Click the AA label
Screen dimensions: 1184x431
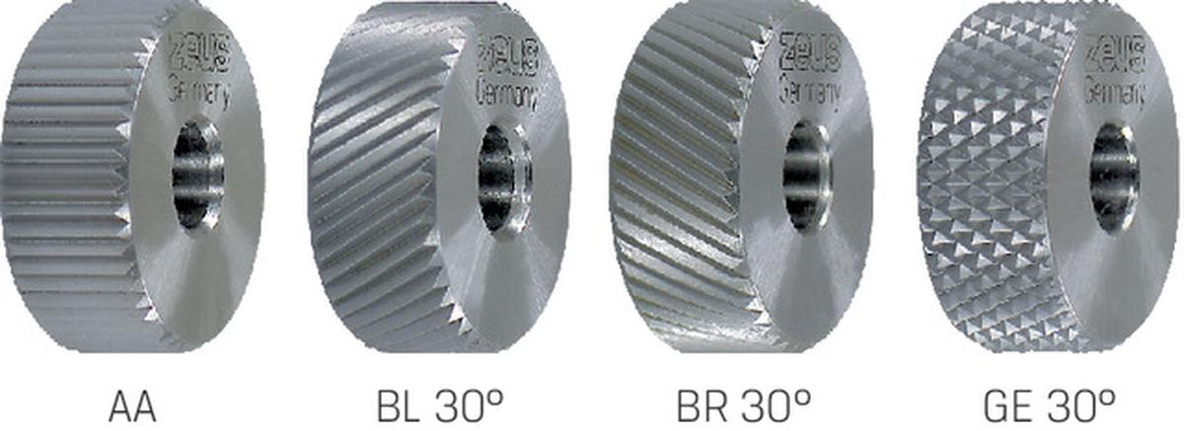pyautogui.click(x=132, y=405)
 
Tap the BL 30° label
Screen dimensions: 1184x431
pyautogui.click(x=440, y=405)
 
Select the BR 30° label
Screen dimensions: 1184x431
pyautogui.click(x=744, y=405)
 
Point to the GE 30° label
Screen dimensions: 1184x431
pyautogui.click(x=1049, y=405)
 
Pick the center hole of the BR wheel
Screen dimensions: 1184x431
pyautogui.click(x=807, y=177)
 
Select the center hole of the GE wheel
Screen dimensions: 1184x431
pyautogui.click(x=1114, y=177)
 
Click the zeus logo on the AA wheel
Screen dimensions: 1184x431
pyautogui.click(x=199, y=50)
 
